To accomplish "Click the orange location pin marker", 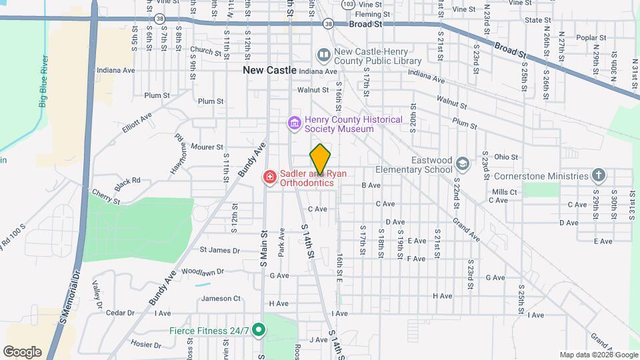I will [320, 159].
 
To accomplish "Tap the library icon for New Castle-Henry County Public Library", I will [324, 53].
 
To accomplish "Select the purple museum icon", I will [293, 123].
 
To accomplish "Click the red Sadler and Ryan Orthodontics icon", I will [269, 177].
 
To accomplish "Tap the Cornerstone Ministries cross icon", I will [599, 176].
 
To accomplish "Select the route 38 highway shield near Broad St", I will [328, 24].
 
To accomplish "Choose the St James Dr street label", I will [219, 251].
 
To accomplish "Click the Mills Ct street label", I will [505, 192].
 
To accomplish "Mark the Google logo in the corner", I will [22, 351].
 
